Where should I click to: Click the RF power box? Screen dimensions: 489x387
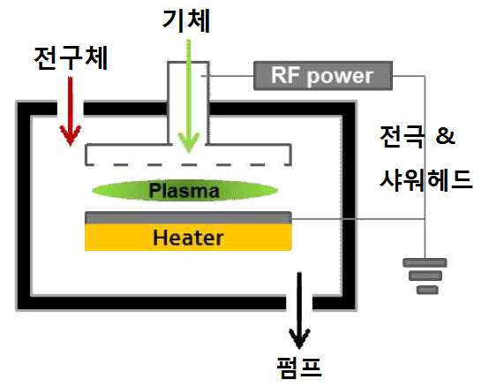click(323, 76)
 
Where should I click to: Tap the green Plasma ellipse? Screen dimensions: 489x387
click(184, 190)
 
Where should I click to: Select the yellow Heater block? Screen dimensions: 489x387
click(188, 237)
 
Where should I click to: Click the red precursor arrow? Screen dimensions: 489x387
click(71, 111)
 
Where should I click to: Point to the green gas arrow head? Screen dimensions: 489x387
click(188, 142)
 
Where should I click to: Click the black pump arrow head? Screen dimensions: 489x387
click(299, 338)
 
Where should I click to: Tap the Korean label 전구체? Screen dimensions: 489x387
click(71, 58)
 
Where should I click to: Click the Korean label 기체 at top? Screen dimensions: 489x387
click(186, 20)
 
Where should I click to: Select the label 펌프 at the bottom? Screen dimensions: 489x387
click(299, 368)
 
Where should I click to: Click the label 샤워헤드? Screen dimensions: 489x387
click(425, 180)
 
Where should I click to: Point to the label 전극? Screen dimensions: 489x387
click(402, 136)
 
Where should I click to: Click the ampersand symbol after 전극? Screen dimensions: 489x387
click(446, 136)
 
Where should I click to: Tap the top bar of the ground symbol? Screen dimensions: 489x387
click(425, 262)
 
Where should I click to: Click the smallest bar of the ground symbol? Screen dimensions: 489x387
click(427, 290)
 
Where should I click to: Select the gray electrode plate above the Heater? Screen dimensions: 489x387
click(188, 217)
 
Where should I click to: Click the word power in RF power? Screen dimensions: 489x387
click(340, 77)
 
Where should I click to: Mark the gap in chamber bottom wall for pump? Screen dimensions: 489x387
click(299, 303)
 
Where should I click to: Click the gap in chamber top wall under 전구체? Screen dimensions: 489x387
click(70, 109)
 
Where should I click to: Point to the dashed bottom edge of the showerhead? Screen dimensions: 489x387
click(188, 164)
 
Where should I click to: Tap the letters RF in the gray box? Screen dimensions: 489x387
click(286, 75)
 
